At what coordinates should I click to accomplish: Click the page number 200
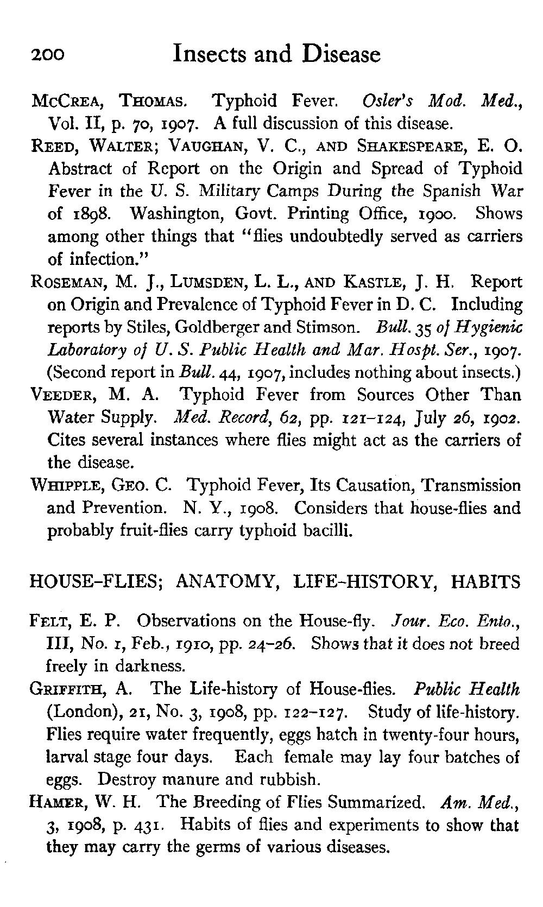48,55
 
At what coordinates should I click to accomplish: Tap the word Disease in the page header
342,55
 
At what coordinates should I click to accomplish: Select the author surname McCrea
65,101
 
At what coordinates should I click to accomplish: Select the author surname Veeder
61,395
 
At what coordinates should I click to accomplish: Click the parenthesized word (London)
79,712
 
